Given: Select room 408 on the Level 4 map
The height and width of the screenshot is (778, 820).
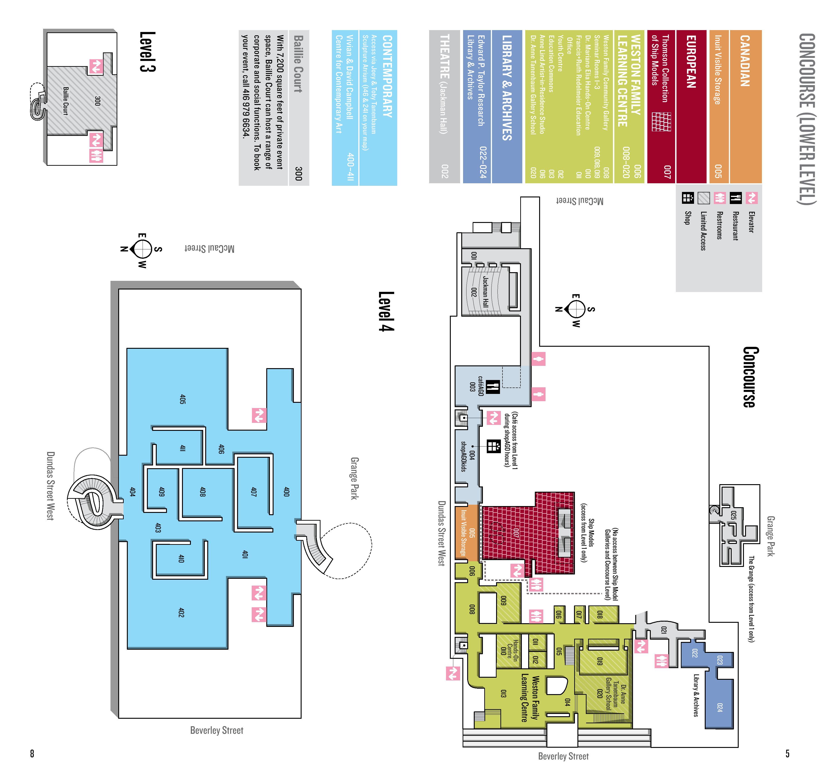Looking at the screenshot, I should [x=203, y=492].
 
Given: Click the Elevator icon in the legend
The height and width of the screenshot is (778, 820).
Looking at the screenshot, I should [x=751, y=198].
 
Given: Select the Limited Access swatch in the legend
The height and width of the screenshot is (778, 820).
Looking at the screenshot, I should [x=704, y=198].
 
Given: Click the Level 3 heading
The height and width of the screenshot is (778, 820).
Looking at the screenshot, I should [x=147, y=52].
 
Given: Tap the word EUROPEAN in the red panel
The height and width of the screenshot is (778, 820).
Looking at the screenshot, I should [x=691, y=61].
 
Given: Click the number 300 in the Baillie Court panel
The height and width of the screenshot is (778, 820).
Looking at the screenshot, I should [x=298, y=173].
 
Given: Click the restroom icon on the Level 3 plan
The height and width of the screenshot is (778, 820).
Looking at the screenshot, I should [x=96, y=156].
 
